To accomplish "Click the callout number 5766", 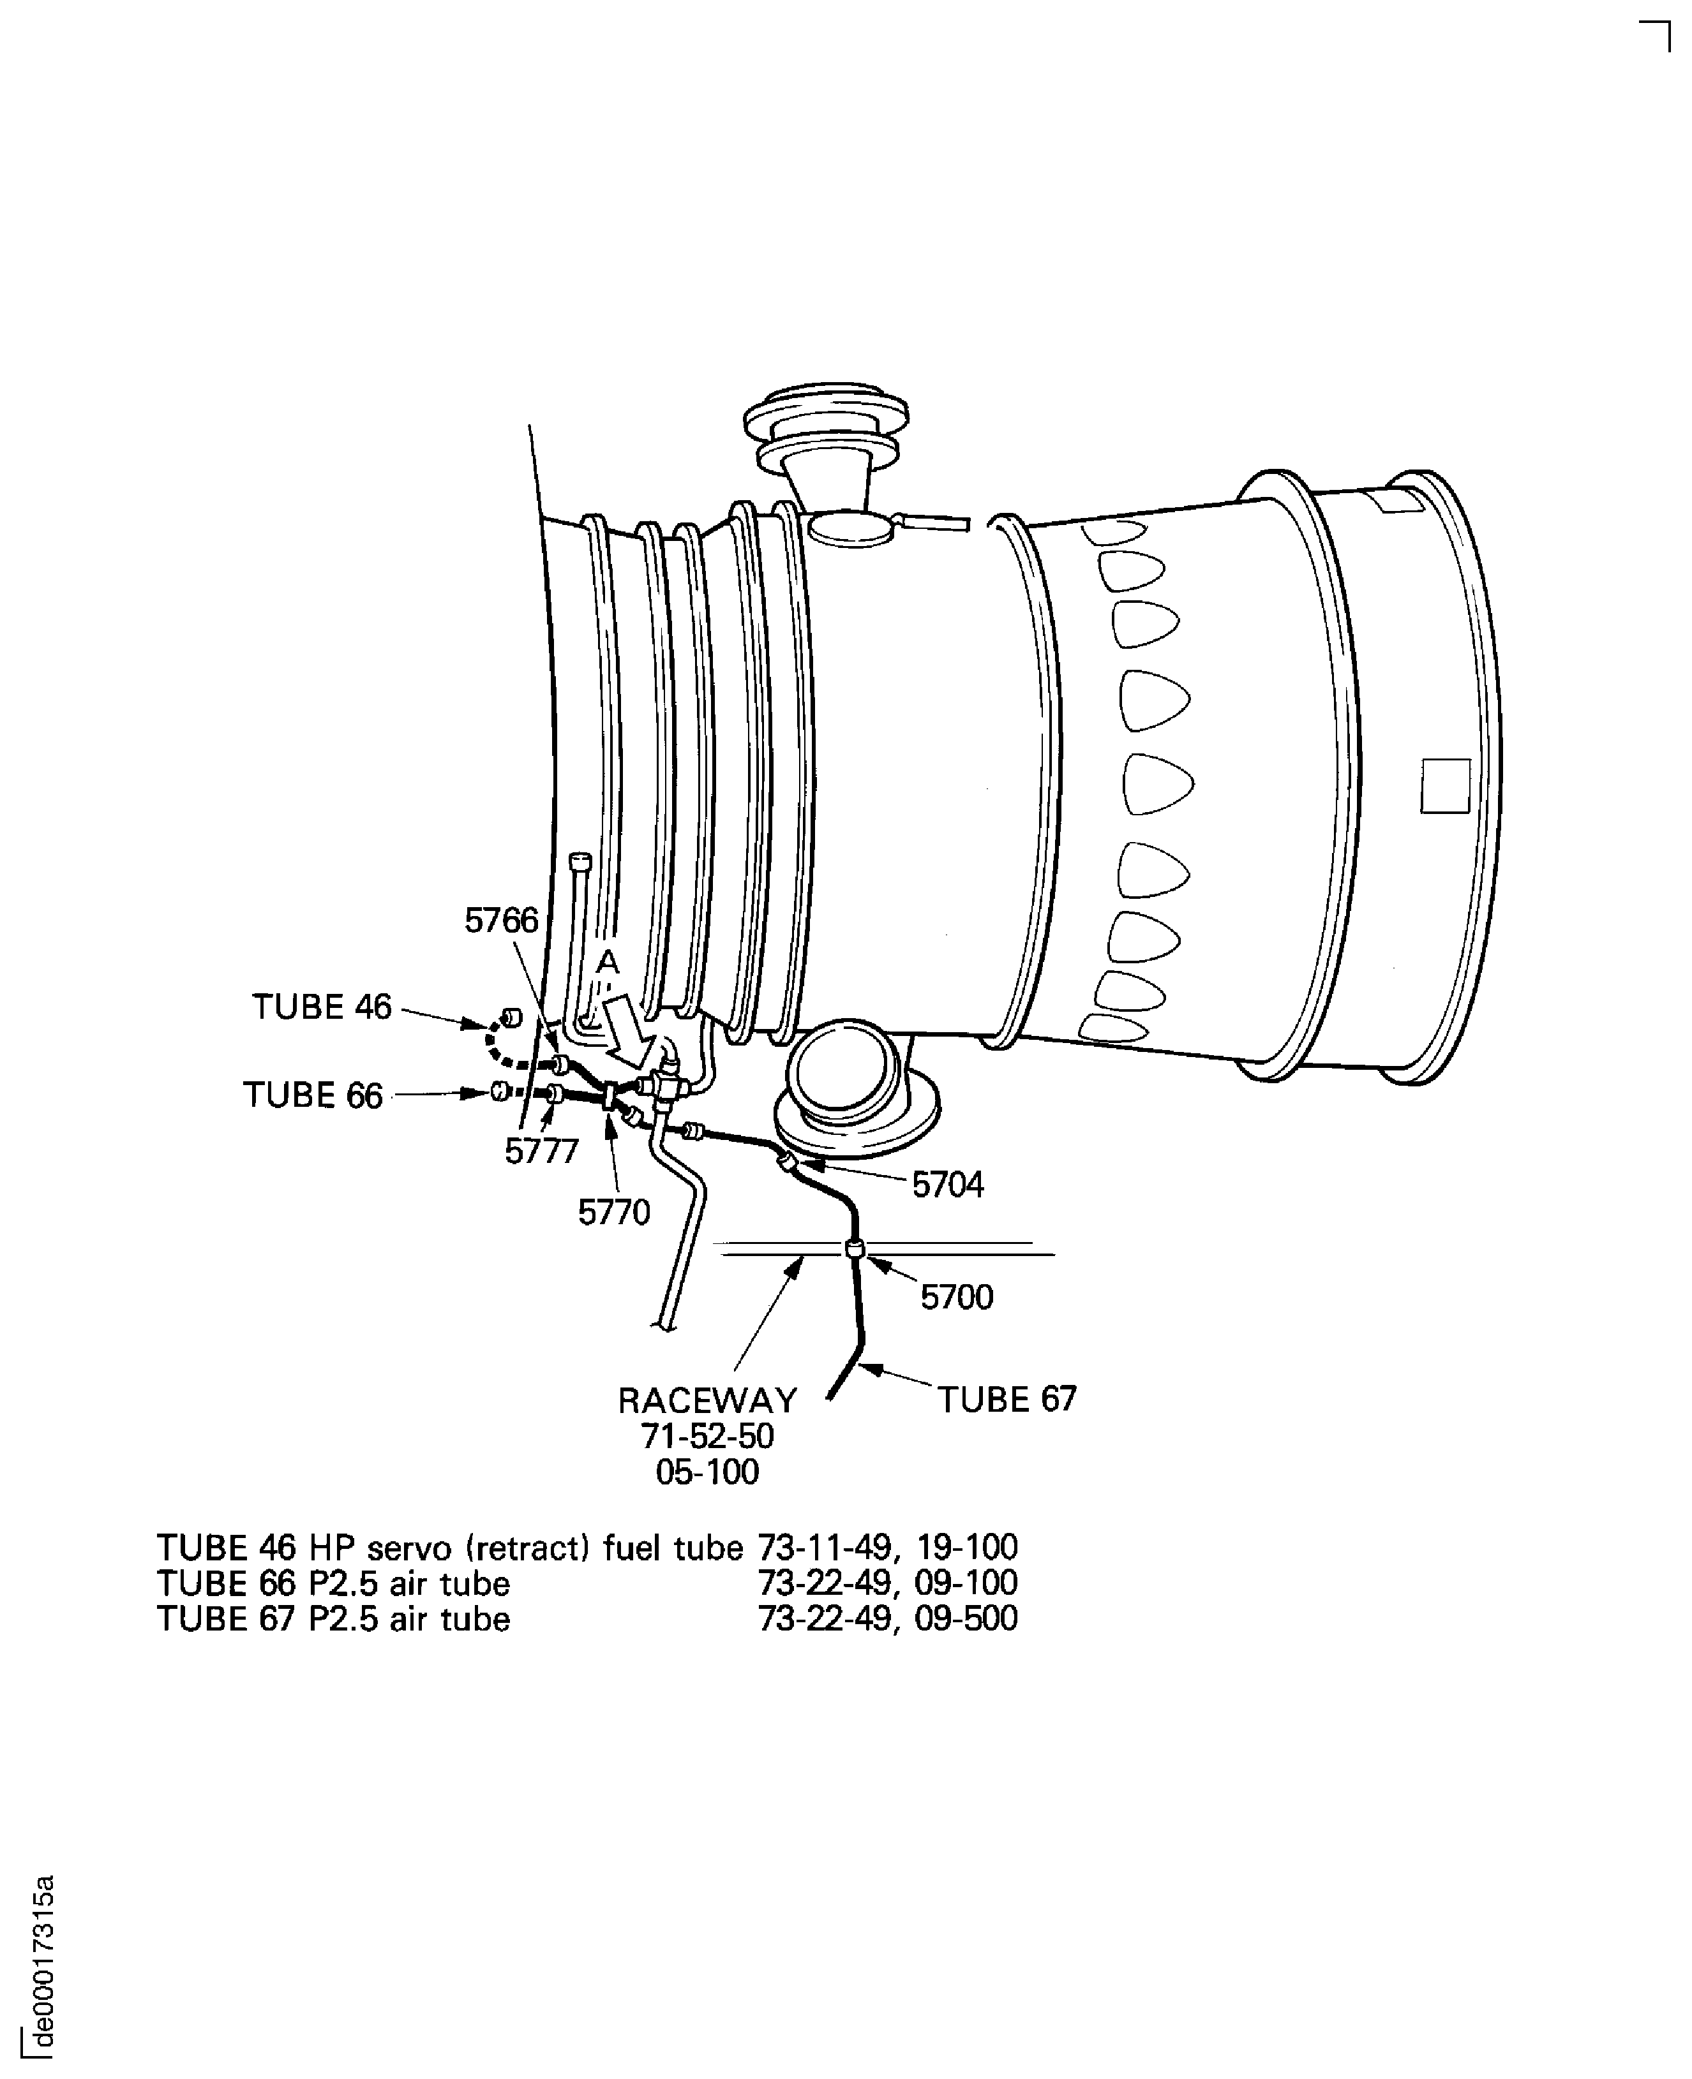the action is coord(501,921).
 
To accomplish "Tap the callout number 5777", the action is coord(542,1151).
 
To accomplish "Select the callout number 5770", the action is coord(614,1213).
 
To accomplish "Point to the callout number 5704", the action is coord(947,1185).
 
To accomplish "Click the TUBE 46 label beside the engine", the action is coord(322,1007).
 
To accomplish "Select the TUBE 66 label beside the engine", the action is coord(313,1095).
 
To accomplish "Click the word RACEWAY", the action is coord(708,1401).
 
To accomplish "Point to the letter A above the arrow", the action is coord(607,963).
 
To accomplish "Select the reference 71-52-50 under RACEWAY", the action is coord(708,1436).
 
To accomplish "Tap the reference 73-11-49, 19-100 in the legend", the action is coord(888,1547).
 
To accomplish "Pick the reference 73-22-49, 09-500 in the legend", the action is coord(888,1618).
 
